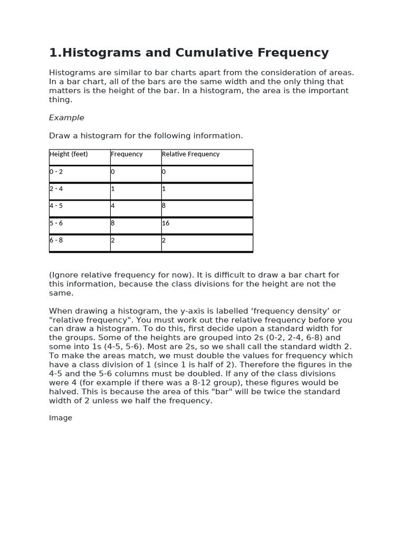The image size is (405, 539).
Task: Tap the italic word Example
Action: [66, 117]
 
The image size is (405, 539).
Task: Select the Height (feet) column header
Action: [69, 154]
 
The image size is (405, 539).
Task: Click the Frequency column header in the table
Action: [127, 154]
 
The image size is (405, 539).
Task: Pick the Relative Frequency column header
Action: [190, 154]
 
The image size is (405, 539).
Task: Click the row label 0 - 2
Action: [56, 172]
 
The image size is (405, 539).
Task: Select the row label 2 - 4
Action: [56, 188]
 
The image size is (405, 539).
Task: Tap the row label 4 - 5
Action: [56, 206]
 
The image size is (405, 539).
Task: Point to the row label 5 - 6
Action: [56, 223]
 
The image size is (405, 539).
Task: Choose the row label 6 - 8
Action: [56, 240]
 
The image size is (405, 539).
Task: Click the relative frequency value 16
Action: [166, 223]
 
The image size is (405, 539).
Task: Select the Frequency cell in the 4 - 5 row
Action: [113, 206]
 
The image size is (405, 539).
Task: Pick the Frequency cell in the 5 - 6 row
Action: [113, 223]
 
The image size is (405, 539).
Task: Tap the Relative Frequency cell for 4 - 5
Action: [164, 206]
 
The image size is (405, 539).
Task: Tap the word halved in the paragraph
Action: [63, 392]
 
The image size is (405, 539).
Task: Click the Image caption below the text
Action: [61, 418]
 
